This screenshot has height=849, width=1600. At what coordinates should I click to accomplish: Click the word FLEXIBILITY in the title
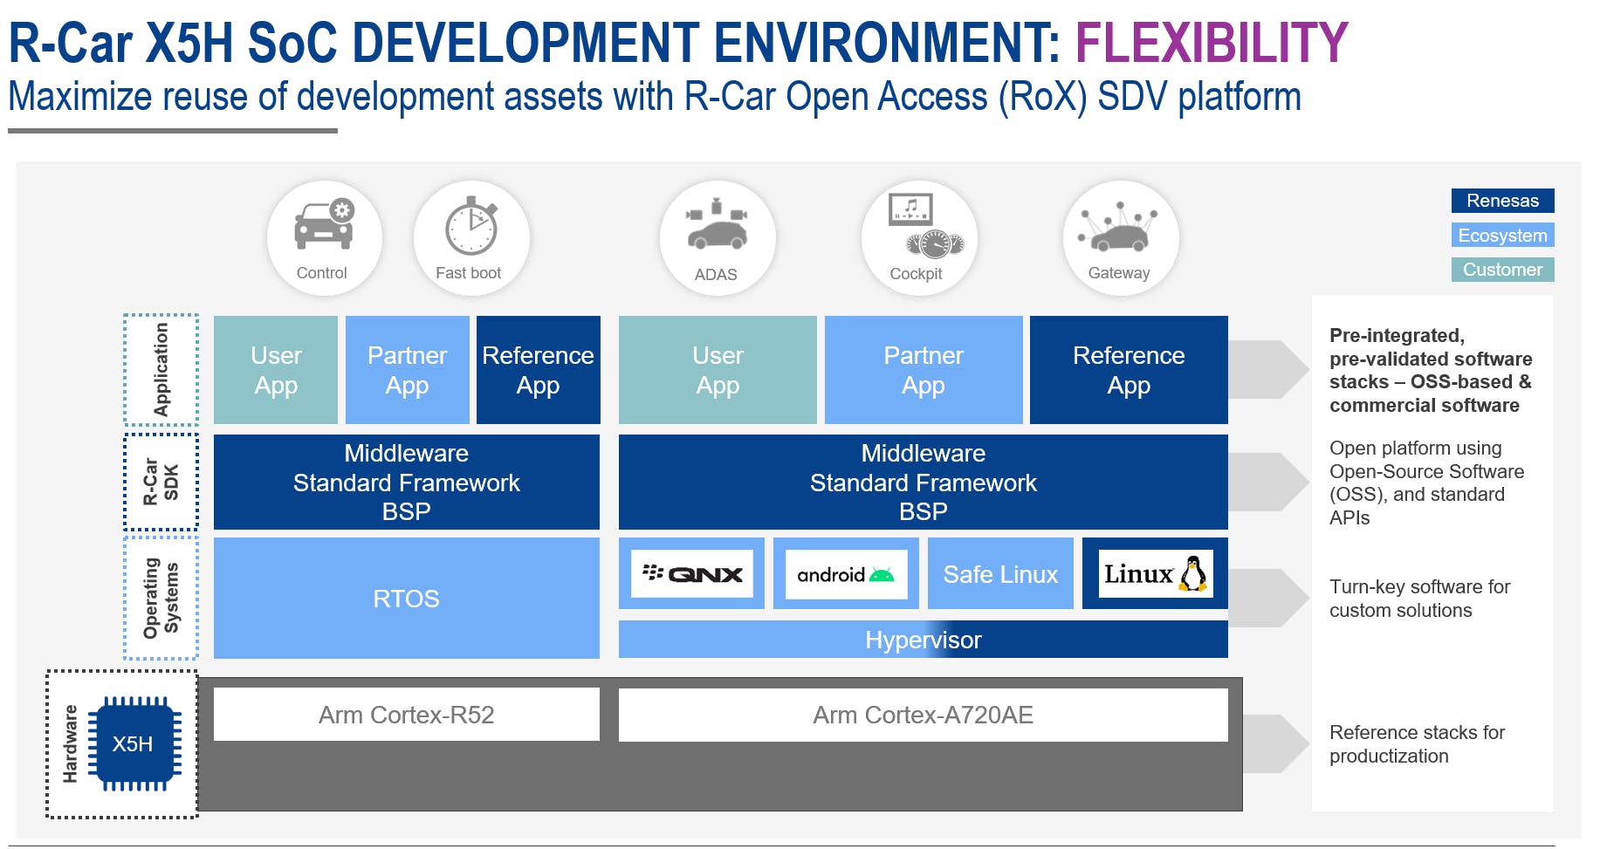pos(1211,43)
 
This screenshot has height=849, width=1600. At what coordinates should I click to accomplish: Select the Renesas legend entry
pos(1502,201)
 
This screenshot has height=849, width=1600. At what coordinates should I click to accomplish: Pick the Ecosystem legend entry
pos(1502,236)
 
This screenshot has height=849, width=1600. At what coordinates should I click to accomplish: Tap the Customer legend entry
pos(1502,270)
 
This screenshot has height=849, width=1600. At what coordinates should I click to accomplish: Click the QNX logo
pos(692,574)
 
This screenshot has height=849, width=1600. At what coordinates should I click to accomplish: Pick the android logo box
pos(845,574)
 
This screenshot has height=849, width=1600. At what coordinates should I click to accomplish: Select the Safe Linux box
pos(1000,574)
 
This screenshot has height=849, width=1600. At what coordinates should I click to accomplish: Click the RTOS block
pos(406,599)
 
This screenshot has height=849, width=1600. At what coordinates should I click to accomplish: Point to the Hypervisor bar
pos(923,640)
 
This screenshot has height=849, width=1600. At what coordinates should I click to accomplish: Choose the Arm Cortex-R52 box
pos(406,715)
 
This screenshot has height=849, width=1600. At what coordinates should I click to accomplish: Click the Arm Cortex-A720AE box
pos(923,715)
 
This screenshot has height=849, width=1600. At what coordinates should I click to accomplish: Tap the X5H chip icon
pos(134,743)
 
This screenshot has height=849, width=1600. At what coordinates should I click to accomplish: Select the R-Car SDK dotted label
pos(161,482)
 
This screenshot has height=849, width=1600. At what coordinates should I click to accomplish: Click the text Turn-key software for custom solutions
pos(1418,599)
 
